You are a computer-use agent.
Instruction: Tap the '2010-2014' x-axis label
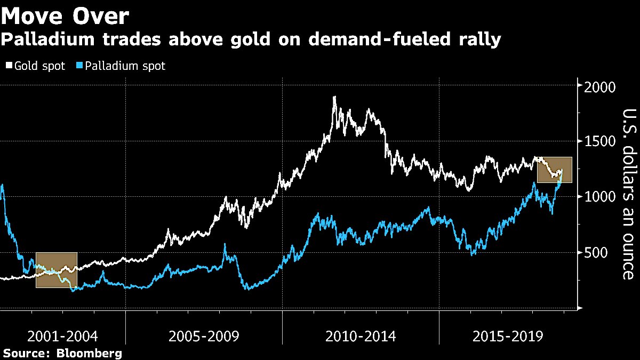[361, 337]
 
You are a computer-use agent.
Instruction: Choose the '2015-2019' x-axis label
[508, 337]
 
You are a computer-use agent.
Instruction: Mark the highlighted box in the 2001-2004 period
[57, 270]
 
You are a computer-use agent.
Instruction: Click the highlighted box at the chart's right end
[554, 170]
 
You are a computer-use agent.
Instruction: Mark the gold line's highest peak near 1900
[334, 97]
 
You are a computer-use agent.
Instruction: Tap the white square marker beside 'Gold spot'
[9, 66]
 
